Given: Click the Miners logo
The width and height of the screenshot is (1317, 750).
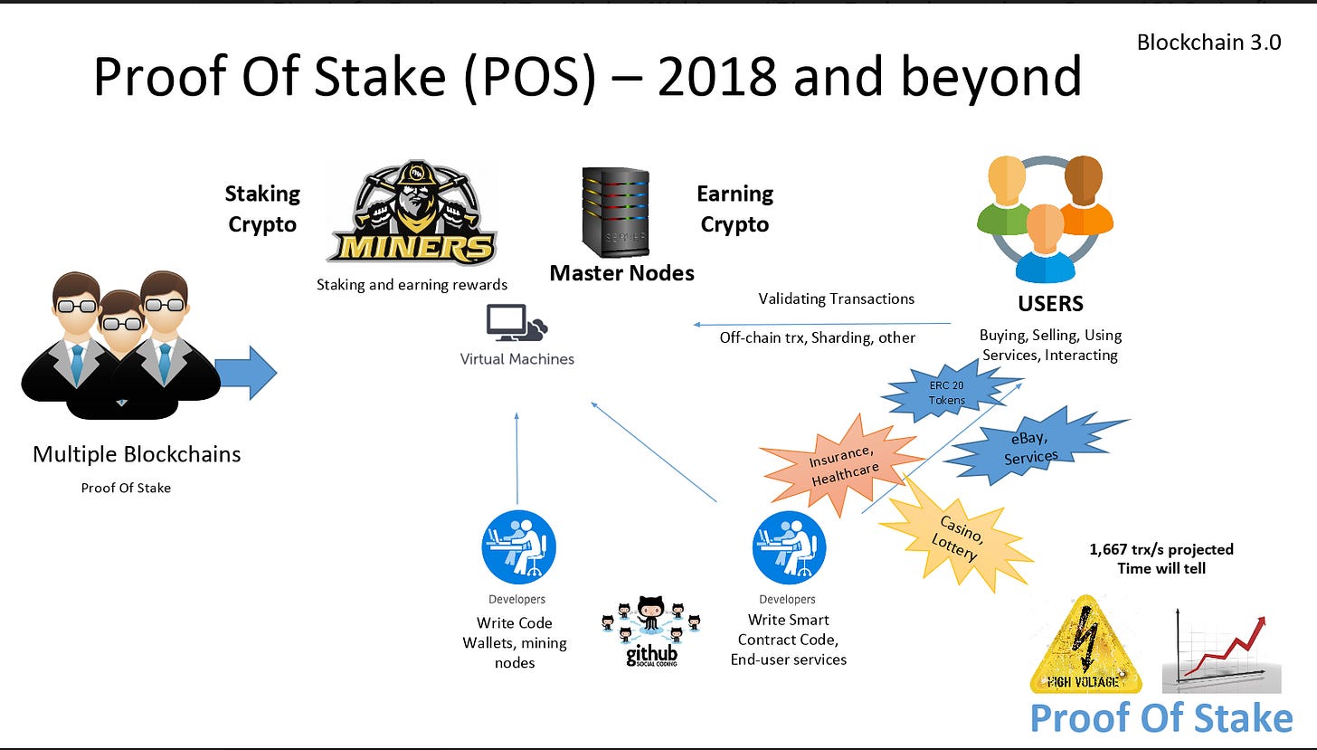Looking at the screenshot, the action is [x=412, y=212].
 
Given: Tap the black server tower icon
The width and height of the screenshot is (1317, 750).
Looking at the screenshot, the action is [x=616, y=213].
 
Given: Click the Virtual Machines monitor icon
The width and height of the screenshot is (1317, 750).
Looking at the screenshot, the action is [x=516, y=323].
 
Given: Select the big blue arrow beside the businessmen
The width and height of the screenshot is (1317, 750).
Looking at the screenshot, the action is [x=246, y=373].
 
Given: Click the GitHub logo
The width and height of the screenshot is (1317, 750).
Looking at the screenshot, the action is [x=651, y=631].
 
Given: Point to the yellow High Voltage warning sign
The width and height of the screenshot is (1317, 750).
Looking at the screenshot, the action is [x=1085, y=645].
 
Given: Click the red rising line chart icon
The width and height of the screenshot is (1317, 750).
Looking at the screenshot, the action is [x=1222, y=650].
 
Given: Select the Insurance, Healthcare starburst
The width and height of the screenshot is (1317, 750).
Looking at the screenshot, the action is [x=842, y=465].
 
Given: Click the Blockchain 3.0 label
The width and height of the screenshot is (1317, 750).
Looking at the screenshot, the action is [x=1208, y=43].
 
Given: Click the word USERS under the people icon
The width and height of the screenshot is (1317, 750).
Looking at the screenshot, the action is [x=1051, y=304].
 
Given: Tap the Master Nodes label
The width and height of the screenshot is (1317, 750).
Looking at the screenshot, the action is [x=621, y=273].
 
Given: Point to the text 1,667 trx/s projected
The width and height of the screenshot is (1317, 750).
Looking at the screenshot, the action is [x=1161, y=549].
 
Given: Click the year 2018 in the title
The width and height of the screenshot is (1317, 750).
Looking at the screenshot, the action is [x=716, y=77].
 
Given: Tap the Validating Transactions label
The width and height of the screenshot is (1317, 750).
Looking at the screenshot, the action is [x=836, y=299].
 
